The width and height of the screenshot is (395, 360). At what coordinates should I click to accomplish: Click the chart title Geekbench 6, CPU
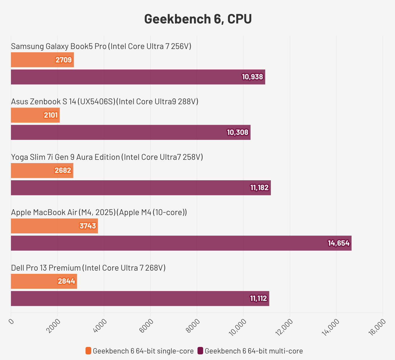click(x=198, y=19)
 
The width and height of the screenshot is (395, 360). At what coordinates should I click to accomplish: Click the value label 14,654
click(x=339, y=243)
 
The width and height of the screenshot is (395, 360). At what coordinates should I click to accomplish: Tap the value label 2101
click(x=51, y=115)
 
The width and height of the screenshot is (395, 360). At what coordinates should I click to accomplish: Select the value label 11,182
click(x=259, y=188)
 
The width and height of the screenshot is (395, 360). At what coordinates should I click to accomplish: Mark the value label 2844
click(x=66, y=281)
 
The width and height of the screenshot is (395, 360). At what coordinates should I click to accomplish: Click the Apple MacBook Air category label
click(x=99, y=212)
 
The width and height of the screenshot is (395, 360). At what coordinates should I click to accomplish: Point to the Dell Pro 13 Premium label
click(x=88, y=268)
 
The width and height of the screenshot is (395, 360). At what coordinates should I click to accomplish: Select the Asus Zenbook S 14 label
click(x=105, y=102)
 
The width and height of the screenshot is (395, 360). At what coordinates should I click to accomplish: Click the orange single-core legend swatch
click(x=88, y=351)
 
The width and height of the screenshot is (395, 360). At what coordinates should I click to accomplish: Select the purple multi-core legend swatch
click(x=200, y=351)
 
